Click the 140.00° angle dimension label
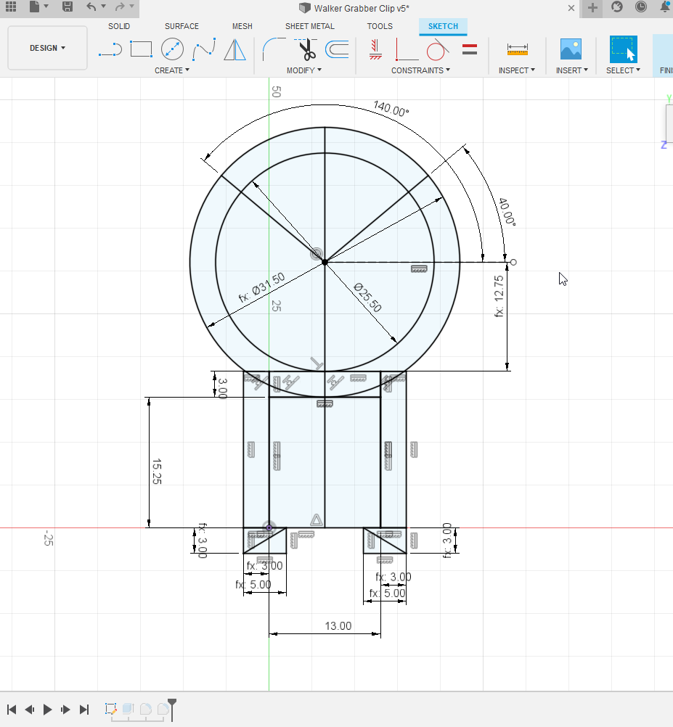coord(391,109)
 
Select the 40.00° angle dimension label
coord(507,211)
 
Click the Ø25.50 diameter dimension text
coord(368,297)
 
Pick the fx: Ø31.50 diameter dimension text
coord(261,287)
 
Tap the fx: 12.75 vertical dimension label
coord(499,296)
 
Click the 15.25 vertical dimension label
coord(157,472)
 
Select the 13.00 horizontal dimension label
coord(338,626)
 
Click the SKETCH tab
coord(443,26)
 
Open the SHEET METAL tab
coord(310,26)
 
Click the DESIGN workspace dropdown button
coord(47,48)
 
